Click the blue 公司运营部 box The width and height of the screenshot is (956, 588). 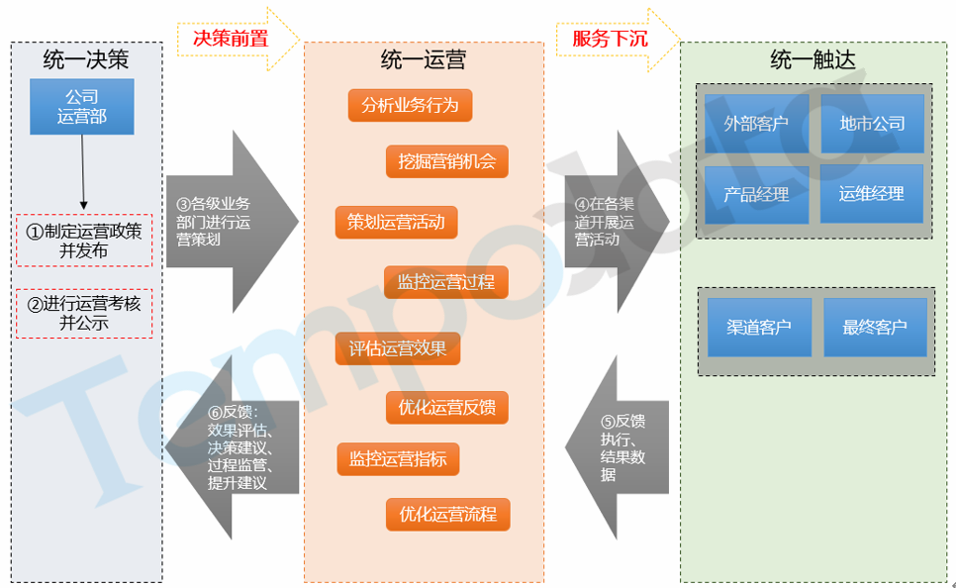(x=82, y=107)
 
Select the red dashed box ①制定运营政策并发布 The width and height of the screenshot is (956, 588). (x=84, y=240)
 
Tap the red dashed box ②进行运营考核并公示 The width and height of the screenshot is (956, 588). (x=84, y=313)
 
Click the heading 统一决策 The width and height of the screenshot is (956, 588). (x=86, y=61)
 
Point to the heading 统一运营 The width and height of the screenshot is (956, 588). (x=423, y=61)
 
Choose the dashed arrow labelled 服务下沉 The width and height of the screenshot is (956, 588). (x=617, y=39)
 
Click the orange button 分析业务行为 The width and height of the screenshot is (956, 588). (x=410, y=105)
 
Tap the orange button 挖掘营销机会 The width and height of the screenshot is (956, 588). (x=446, y=161)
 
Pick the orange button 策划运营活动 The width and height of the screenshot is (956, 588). (x=396, y=222)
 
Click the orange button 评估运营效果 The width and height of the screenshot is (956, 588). (x=398, y=347)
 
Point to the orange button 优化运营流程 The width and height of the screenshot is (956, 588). (x=447, y=515)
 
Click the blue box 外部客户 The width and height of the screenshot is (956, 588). (x=756, y=124)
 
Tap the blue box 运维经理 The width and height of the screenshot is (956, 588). (x=871, y=193)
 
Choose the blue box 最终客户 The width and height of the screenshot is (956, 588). (x=875, y=327)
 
